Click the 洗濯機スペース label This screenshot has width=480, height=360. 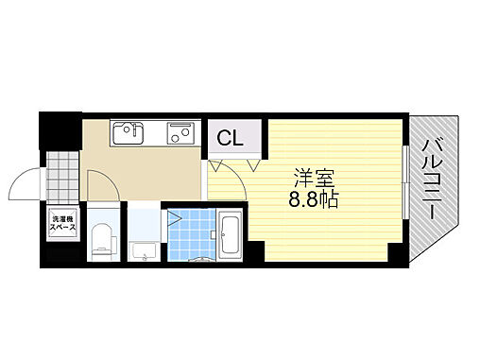point(62,224)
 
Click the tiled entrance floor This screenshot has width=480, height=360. point(62,173)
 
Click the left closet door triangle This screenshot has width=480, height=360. point(216,164)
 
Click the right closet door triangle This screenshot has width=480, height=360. point(254,164)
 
